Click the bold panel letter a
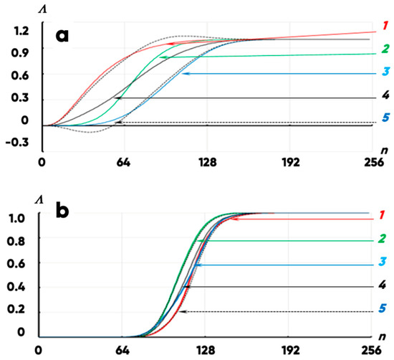(62, 36)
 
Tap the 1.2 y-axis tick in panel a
(21, 31)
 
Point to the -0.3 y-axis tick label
(17, 143)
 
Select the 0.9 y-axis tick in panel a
(20, 53)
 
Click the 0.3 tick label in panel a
(20, 98)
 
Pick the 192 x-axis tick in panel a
(291, 163)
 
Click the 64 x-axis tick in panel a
(123, 163)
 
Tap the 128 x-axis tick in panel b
(206, 350)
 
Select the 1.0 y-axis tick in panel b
(16, 218)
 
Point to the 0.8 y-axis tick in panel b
(16, 241)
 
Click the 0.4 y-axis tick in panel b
(16, 287)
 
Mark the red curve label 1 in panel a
(385, 26)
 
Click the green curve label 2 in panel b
(383, 239)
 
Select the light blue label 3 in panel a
(385, 72)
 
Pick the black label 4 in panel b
(383, 285)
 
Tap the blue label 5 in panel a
(385, 117)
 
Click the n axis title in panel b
(383, 336)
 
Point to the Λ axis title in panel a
(43, 9)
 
